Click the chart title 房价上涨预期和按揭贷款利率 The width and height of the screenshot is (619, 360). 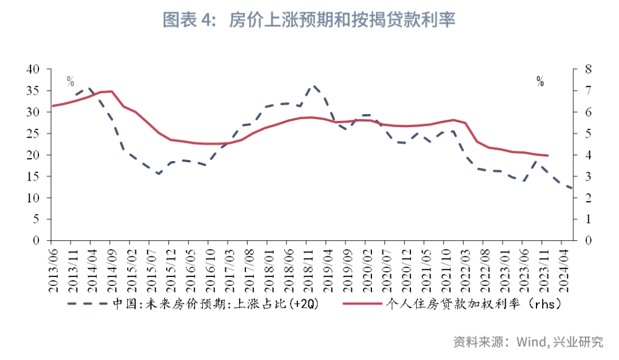pos(309,21)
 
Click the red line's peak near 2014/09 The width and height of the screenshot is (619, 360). pos(112,91)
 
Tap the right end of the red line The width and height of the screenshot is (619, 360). pos(548,155)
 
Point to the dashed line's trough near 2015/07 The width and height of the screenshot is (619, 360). pos(159,173)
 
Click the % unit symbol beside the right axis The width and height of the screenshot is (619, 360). pos(540,81)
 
